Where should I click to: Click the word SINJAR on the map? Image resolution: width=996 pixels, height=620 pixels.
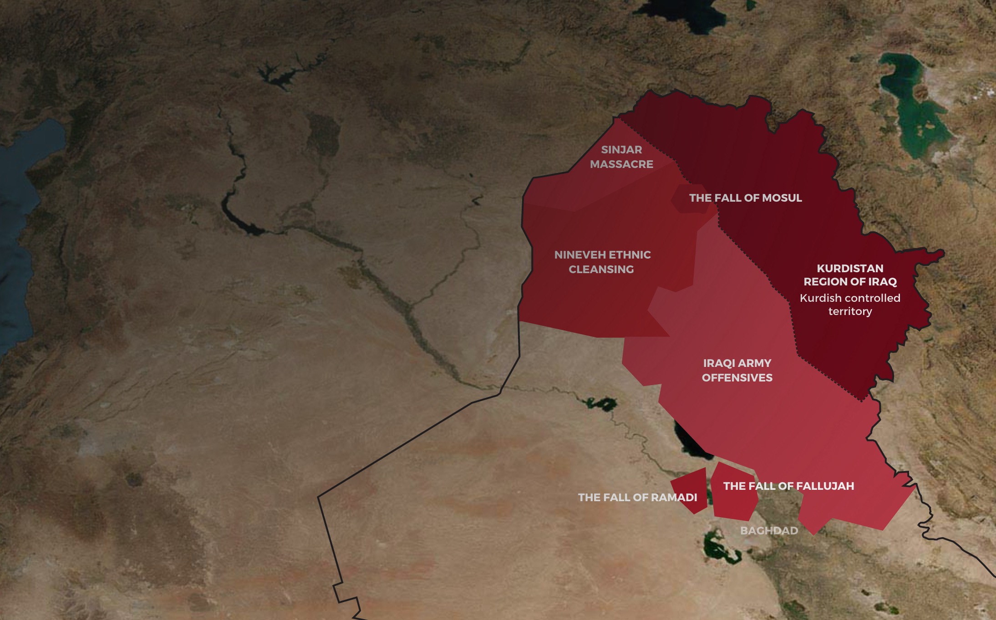coord(621,150)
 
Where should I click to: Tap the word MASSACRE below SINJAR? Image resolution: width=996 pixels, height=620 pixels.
coord(621,164)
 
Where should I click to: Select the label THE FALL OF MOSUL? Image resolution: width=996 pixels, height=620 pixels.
coord(745,198)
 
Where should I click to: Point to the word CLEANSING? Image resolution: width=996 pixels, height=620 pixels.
coord(601,269)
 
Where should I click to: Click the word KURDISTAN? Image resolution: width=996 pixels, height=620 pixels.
coord(850,269)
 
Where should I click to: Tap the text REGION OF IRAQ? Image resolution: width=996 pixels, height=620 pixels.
coord(850,282)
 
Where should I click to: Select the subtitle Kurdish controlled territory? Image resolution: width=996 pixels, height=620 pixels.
coord(850,305)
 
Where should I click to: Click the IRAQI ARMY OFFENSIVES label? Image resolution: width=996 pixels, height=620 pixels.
coord(737,370)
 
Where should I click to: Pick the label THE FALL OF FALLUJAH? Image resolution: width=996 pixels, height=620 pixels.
coord(788,486)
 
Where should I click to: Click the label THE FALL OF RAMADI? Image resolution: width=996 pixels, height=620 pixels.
coord(637,498)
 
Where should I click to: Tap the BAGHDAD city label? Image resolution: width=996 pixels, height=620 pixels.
coord(769,531)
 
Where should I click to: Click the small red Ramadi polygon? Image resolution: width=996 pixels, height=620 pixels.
coord(690,489)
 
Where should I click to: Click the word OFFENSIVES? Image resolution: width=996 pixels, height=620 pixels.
coord(737,378)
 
